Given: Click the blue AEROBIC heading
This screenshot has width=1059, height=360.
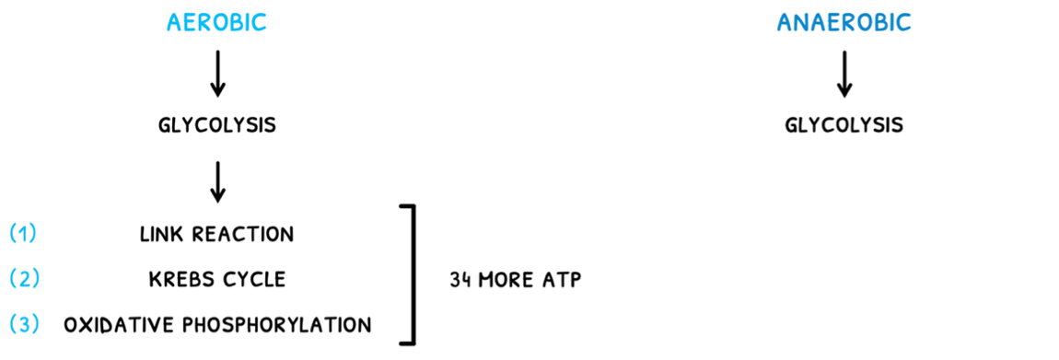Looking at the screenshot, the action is click(216, 23).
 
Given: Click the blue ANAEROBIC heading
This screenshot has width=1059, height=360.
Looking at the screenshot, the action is click(844, 23).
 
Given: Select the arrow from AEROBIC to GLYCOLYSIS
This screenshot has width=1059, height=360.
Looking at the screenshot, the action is click(216, 74).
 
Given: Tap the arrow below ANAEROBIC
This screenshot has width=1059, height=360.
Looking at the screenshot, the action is click(844, 74).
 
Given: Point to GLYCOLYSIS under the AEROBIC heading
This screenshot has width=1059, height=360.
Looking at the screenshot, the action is click(216, 125).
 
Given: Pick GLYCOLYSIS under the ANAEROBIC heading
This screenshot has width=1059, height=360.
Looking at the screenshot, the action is click(844, 125).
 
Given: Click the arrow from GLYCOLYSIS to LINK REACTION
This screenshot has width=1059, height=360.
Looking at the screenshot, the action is click(216, 181).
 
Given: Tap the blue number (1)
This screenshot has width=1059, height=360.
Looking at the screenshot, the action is click(23, 234).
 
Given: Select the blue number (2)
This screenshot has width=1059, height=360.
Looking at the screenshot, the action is click(23, 279).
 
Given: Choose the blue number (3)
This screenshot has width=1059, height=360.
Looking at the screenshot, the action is click(23, 324).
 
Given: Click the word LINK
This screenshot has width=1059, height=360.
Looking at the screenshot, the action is click(160, 235).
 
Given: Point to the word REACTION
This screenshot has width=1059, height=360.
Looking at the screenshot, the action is click(241, 235).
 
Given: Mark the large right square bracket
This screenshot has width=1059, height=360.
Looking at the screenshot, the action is click(411, 274).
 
